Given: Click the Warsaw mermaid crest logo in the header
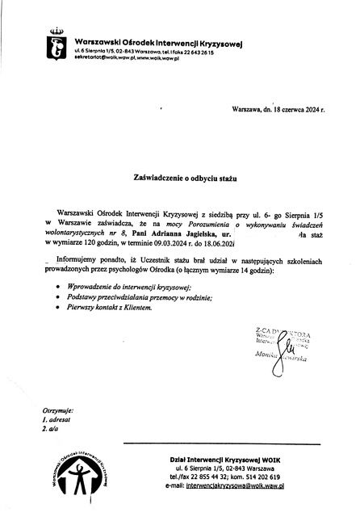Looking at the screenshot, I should (x=55, y=44).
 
